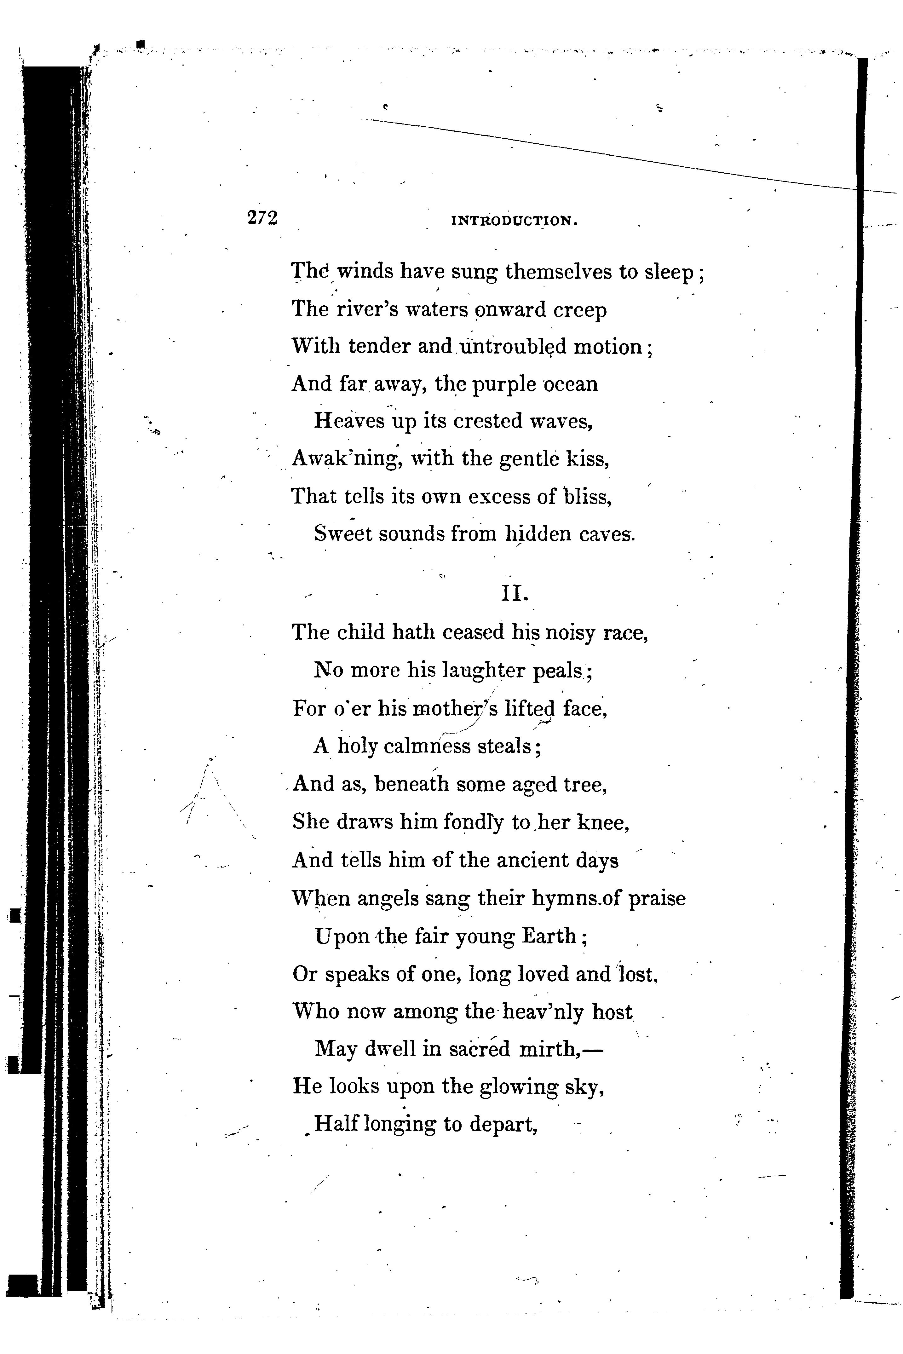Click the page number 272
point(262,218)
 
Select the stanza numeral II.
point(514,594)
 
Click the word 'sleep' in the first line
point(669,272)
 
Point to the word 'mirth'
point(548,1049)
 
